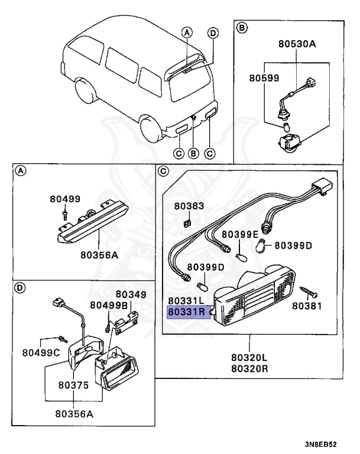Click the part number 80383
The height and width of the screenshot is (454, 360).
click(x=189, y=206)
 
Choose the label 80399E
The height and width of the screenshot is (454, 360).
click(x=240, y=234)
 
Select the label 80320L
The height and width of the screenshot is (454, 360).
click(x=249, y=358)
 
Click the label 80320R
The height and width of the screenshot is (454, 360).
click(x=249, y=368)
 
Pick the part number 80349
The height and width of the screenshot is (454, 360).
click(x=131, y=294)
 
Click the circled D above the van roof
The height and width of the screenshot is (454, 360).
click(x=213, y=33)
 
